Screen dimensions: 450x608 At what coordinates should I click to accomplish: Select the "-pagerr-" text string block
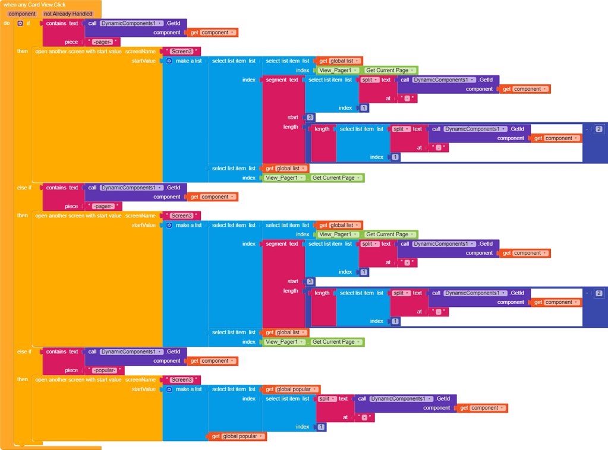[x=105, y=206]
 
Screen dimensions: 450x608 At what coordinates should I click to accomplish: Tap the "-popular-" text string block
[x=106, y=370]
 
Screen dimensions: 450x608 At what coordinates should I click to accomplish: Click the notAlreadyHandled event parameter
[x=68, y=14]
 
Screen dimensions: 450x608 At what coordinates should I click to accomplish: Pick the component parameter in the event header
[x=22, y=14]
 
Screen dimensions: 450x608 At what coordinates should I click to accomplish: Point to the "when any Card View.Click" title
[x=34, y=5]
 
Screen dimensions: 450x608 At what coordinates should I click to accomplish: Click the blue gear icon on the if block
[x=20, y=23]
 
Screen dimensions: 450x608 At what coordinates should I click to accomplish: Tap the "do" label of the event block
[x=7, y=23]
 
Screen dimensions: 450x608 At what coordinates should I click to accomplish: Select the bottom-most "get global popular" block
[x=237, y=436]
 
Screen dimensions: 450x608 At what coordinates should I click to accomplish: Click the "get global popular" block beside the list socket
[x=291, y=389]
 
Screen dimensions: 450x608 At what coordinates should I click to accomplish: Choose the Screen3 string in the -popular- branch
[x=181, y=380]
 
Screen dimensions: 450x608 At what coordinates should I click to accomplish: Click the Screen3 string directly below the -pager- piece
[x=181, y=52]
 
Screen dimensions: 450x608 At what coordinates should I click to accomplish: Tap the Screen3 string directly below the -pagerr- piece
[x=181, y=216]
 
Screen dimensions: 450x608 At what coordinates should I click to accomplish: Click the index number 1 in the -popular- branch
[x=321, y=427]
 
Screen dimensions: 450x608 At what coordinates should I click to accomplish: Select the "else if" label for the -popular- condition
[x=24, y=351]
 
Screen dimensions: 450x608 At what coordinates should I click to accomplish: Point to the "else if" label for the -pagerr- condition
[x=24, y=188]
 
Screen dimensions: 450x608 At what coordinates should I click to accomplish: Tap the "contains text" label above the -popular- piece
[x=62, y=351]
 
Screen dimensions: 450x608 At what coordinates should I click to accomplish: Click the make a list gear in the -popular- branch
[x=169, y=389]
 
